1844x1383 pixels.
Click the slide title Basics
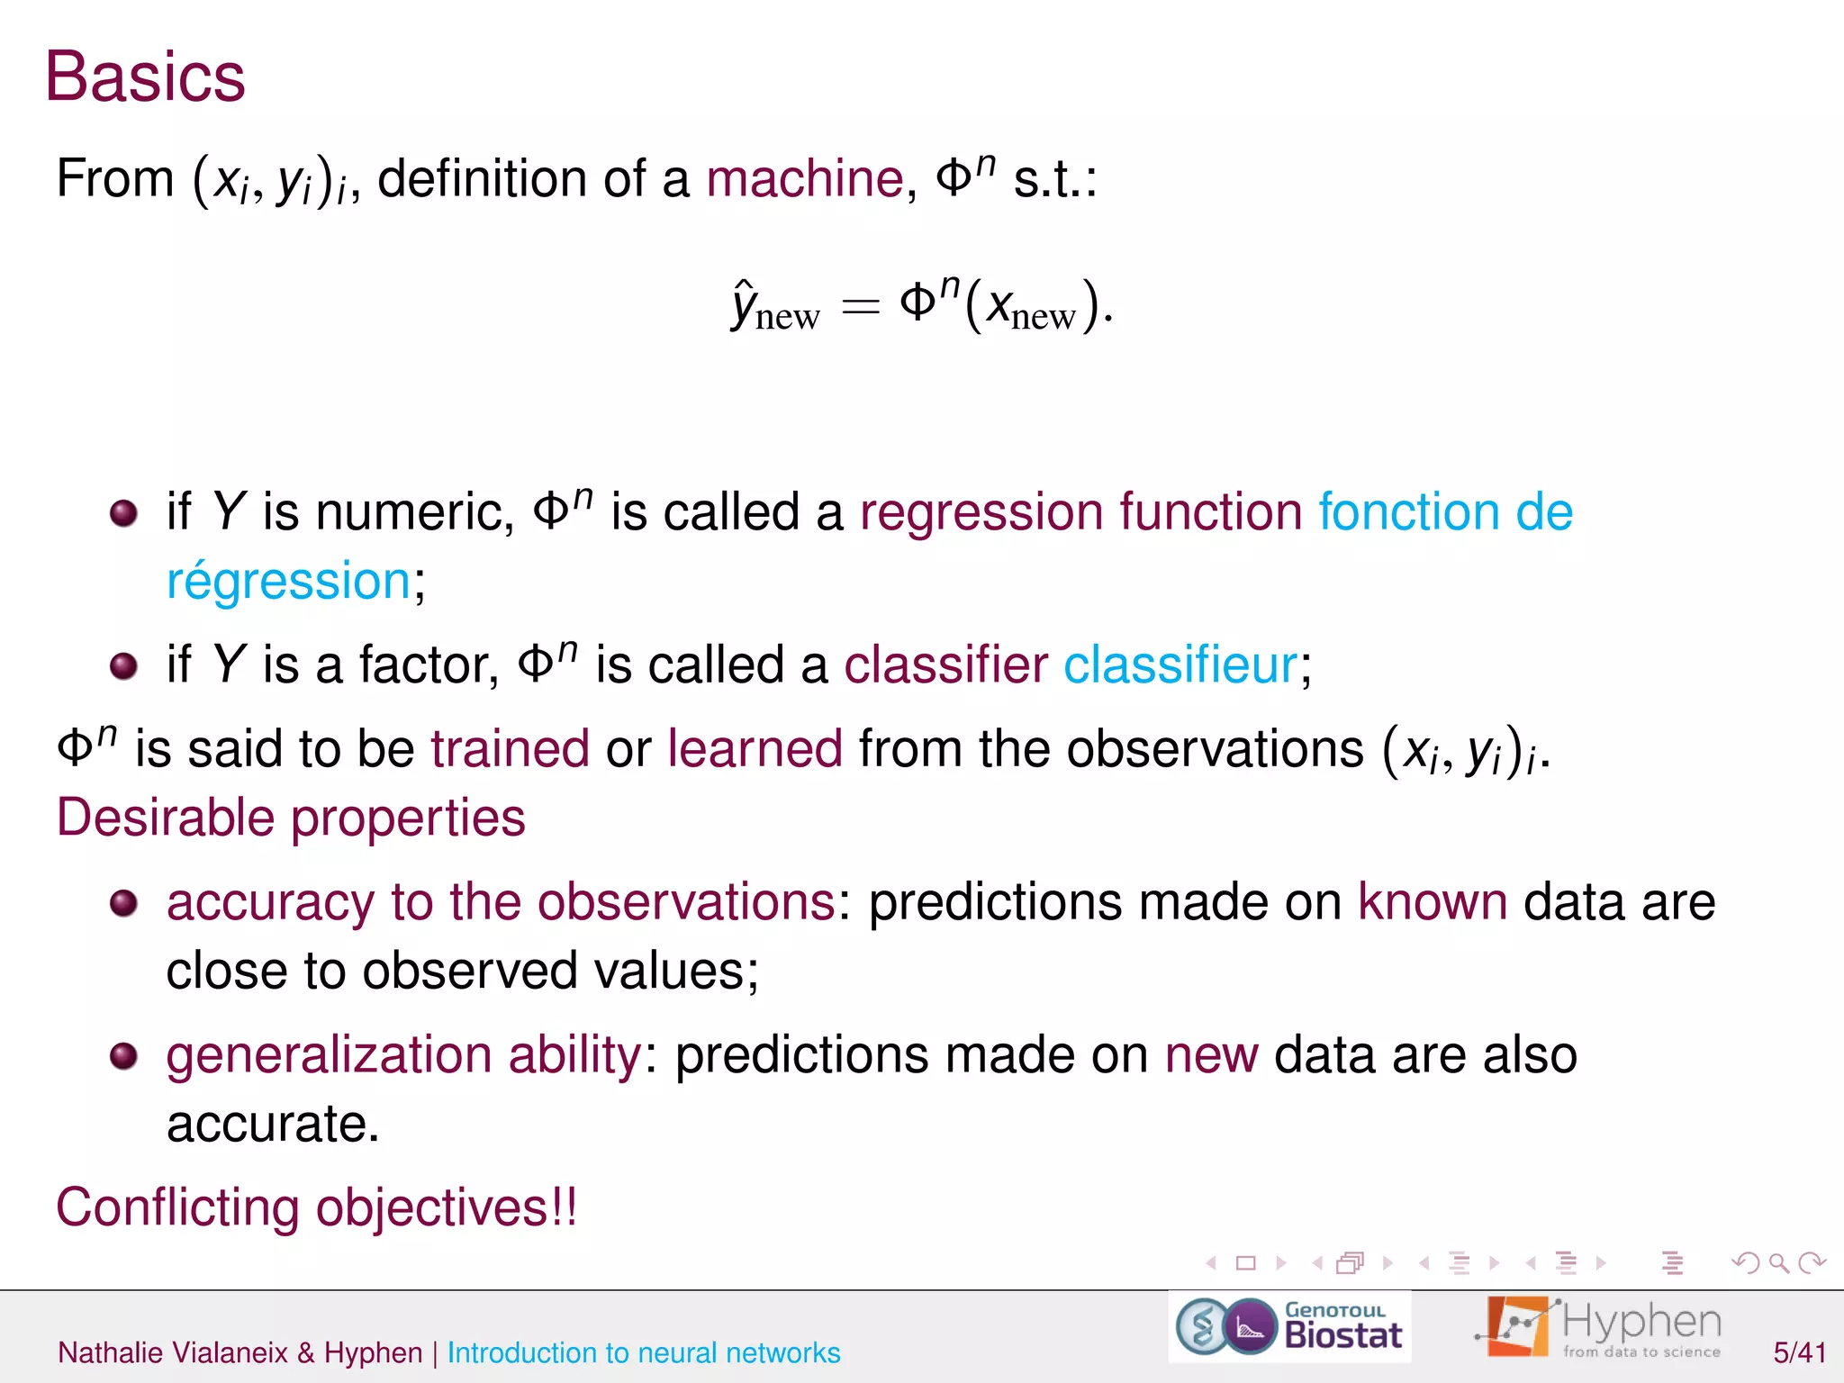145,77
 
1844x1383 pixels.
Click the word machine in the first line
804,178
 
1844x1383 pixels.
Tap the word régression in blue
288,581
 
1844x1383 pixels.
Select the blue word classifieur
1180,665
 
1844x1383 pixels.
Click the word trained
510,749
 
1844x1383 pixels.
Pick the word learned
755,749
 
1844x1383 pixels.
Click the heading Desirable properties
291,818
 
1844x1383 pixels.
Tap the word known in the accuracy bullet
1432,902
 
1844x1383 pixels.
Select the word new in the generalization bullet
1211,1055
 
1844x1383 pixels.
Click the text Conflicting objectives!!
316,1207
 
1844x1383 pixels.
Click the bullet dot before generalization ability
123,1055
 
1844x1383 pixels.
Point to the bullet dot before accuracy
123,902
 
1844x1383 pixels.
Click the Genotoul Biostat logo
1289,1326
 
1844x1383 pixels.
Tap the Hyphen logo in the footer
1599,1326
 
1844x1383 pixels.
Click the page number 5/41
1799,1352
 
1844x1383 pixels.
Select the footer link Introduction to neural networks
643,1352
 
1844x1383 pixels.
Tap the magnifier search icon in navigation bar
1778,1263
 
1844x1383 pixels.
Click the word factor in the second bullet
428,665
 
